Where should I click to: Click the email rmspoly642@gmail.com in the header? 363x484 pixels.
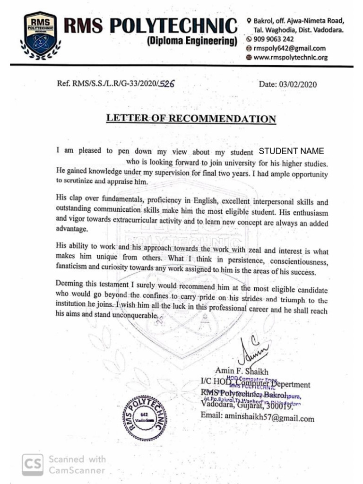pos(289,48)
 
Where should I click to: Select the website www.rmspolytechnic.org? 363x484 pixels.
pos(290,57)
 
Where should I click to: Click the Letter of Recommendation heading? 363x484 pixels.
pos(191,118)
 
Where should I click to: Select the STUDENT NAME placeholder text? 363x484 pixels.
pos(291,152)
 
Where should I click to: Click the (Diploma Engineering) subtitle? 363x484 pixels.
pos(191,41)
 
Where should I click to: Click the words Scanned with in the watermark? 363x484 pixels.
pos(78,459)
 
